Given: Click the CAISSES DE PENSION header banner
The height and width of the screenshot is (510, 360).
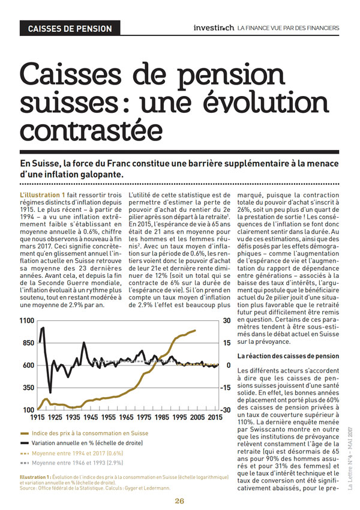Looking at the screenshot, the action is pos(70,28).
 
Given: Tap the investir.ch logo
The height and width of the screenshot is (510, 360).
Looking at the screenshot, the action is pos(214,28).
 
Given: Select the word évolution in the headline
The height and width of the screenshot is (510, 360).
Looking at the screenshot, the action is pos(266,102).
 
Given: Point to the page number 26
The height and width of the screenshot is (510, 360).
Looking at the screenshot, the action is pos(179,501).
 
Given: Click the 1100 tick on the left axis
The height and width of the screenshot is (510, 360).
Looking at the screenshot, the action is pos(27,321).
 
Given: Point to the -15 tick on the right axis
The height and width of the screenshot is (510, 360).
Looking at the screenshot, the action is pos(227,388).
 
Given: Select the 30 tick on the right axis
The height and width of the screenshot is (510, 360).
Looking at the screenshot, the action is pos(227,321).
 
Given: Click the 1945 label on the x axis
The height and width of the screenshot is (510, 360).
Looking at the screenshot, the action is pos(91,418).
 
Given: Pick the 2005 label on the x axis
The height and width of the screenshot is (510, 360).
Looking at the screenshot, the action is pos(197,418).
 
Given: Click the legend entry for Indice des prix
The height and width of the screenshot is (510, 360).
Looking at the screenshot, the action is pos(84,433).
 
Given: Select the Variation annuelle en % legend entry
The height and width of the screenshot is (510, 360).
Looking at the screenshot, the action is pos(82,443).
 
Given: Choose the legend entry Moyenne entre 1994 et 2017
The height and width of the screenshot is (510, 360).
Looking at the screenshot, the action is pos(71,453).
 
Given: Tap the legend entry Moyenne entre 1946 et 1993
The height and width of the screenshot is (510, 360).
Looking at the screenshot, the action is pos(71,463).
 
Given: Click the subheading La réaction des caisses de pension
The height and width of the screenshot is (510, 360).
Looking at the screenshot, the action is pos(288,356).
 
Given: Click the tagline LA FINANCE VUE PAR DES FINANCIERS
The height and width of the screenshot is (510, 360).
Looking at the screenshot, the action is pos(288,28).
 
